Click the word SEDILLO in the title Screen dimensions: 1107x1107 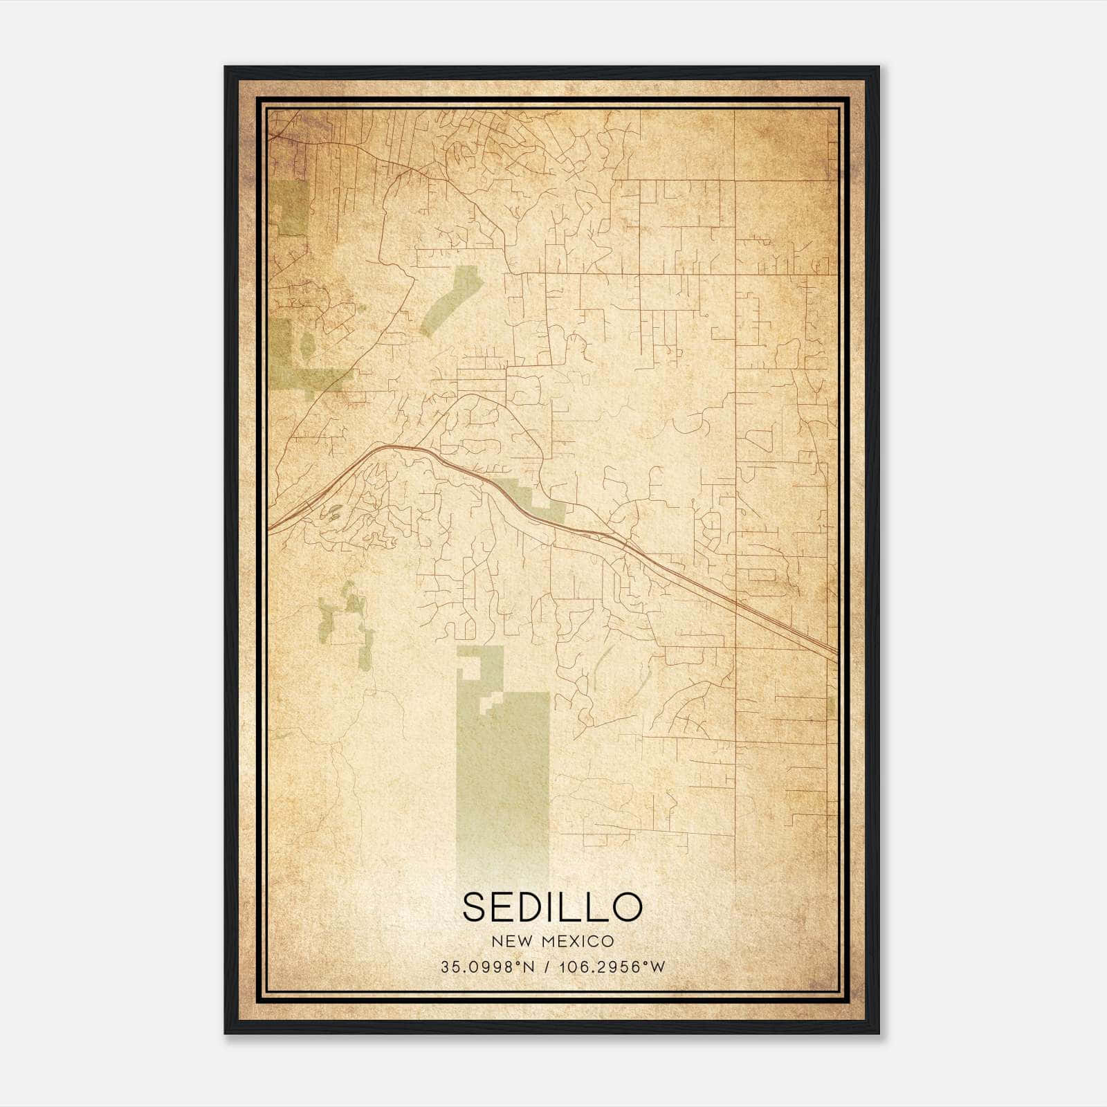click(552, 907)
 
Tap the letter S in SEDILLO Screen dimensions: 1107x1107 click(476, 907)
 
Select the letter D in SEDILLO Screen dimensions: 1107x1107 click(535, 907)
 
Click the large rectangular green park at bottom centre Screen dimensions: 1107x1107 click(503, 775)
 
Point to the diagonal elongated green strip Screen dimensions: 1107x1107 click(450, 300)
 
